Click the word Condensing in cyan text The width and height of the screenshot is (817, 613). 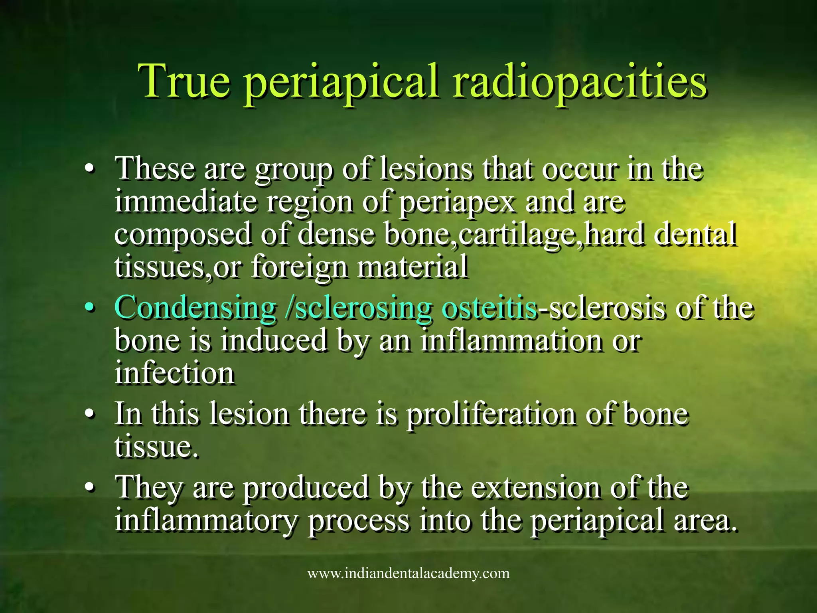tap(195, 308)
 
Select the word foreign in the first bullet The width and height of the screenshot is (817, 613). tap(299, 267)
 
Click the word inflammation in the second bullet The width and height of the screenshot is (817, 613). tap(511, 341)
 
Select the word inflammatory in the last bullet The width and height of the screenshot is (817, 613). tap(206, 520)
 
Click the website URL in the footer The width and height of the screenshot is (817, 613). tap(408, 574)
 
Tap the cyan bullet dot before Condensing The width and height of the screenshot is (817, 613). tap(91, 308)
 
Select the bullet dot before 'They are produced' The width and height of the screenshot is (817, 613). tap(91, 488)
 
